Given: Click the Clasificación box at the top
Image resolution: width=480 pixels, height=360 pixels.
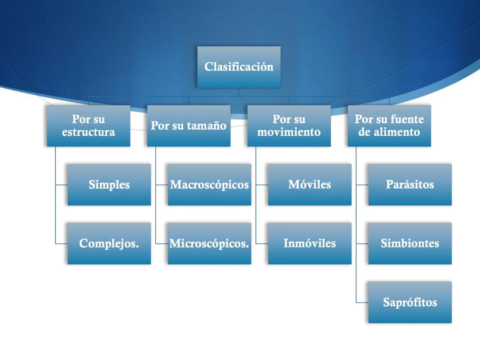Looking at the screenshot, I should click(x=239, y=67).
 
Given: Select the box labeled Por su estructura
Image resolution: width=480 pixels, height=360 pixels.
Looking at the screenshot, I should click(x=88, y=126).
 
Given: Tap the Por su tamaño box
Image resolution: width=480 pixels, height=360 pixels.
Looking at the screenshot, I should click(x=189, y=126).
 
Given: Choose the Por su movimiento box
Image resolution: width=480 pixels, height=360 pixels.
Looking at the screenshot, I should click(x=289, y=126).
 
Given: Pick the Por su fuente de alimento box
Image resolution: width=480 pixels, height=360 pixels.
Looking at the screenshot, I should click(x=389, y=126).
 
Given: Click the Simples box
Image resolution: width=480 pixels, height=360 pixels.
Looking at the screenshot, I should click(x=109, y=184).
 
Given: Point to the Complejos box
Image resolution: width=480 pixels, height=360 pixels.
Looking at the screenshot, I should click(x=109, y=243).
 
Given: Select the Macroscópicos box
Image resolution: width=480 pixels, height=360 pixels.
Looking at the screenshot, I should click(x=209, y=184).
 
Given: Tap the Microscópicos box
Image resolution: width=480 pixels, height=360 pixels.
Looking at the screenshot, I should click(x=209, y=243).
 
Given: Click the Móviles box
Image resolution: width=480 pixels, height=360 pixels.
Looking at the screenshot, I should click(x=310, y=184).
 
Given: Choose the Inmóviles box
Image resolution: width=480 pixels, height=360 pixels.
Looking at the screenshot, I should click(x=310, y=243).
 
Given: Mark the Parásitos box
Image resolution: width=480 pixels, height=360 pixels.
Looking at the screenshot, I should click(x=410, y=184).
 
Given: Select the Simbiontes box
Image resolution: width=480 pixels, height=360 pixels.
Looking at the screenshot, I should click(x=410, y=243).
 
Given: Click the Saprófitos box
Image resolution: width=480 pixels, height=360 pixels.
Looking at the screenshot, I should click(x=410, y=302).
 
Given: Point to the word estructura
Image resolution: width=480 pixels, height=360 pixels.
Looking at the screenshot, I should click(x=88, y=132).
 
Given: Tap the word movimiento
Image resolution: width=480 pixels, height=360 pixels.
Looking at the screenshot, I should click(x=289, y=132).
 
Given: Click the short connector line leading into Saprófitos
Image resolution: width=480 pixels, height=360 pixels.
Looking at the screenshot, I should click(x=362, y=303).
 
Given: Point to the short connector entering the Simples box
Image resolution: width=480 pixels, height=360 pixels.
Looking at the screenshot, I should click(x=62, y=185).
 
